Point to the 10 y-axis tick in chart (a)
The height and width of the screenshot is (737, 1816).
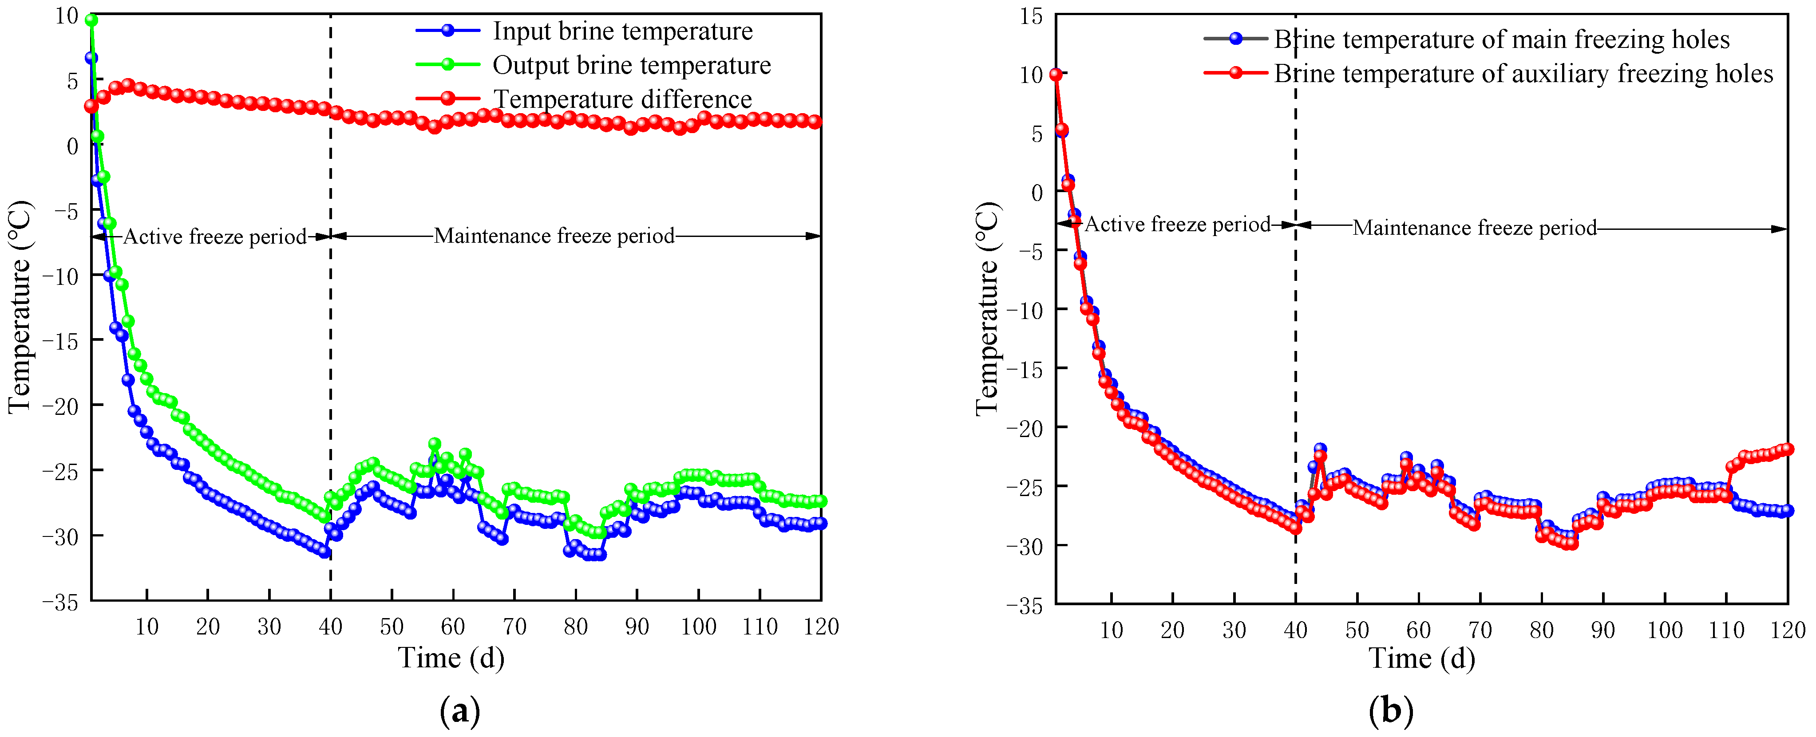point(67,16)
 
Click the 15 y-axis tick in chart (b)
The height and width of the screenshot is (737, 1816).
point(1031,16)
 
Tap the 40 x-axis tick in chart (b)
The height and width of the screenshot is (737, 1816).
point(1295,629)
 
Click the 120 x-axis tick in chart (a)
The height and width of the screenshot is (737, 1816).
point(821,627)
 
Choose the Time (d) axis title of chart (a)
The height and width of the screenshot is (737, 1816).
point(451,658)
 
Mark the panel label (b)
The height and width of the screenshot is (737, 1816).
point(1390,712)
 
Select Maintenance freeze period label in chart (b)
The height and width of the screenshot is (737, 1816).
point(1474,228)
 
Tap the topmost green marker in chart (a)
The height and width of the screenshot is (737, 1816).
point(91,20)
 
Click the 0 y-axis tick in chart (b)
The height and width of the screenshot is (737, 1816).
point(1037,192)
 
